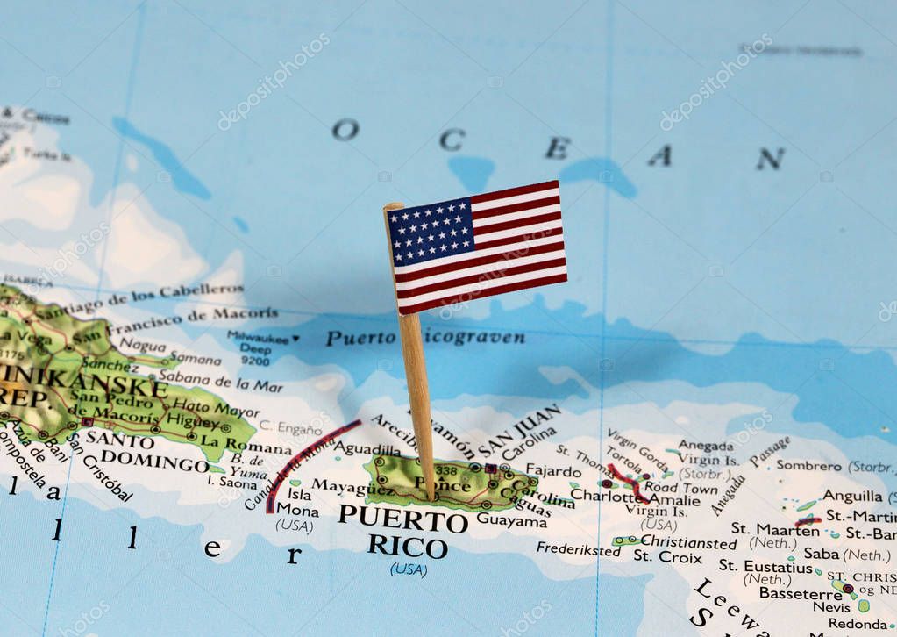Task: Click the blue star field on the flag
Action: click(x=431, y=231)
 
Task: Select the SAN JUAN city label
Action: click(x=519, y=430)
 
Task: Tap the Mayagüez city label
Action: click(x=340, y=486)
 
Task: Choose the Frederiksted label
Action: click(x=578, y=549)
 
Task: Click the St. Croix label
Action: click(x=667, y=556)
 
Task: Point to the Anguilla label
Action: click(x=852, y=496)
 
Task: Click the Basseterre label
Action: click(x=800, y=593)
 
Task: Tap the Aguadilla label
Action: click(x=367, y=448)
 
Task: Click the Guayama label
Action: click(x=511, y=520)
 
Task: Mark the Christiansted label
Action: click(x=687, y=541)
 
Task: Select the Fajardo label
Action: click(x=552, y=470)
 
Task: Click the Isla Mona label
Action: click(x=298, y=502)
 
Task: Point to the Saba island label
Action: click(x=822, y=554)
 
